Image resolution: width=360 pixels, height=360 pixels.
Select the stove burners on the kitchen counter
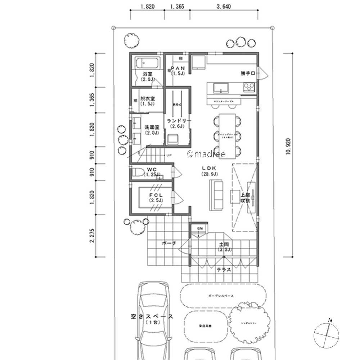248,86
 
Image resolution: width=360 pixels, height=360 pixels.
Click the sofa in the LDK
216,194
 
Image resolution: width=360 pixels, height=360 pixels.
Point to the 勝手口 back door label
248,73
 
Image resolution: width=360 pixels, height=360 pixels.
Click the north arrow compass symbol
327,335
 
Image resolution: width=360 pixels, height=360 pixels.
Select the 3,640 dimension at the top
224,6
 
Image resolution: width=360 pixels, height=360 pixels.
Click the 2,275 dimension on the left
92,235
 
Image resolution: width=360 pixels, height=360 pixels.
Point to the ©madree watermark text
206,154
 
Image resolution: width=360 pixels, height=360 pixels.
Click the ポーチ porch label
169,243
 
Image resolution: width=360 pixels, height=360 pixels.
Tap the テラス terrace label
224,270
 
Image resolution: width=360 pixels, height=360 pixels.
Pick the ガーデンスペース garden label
221,296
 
